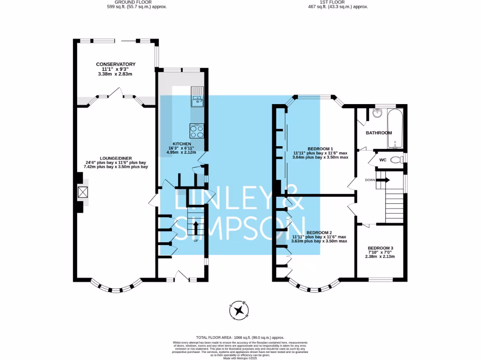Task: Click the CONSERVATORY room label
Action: pos(116,64)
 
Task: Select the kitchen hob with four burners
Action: pos(197,130)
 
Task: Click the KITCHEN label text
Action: pos(181,143)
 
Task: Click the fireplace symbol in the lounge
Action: pos(83,193)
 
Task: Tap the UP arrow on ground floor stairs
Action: pos(195,228)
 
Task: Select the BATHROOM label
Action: pos(379,133)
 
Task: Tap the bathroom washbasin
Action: pos(377,113)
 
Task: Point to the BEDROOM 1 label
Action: pos(320,148)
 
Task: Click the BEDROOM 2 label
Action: pos(319,232)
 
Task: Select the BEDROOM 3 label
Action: pos(380,248)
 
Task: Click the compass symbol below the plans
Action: pos(239,310)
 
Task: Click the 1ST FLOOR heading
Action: pos(337,2)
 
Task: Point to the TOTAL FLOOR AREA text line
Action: pos(240,337)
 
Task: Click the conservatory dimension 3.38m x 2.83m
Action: pos(116,74)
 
